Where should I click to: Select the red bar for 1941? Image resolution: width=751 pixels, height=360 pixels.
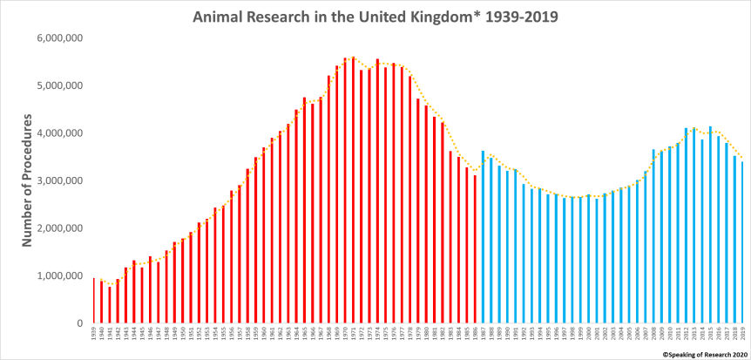tap(110, 304)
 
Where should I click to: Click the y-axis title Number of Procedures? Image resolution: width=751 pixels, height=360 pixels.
tap(26, 180)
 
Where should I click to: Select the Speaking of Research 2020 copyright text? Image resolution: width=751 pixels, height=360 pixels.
tap(705, 355)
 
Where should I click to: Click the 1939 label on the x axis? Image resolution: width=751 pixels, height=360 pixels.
tap(93, 337)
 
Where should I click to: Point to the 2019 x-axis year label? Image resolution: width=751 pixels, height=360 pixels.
tap(741, 337)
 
